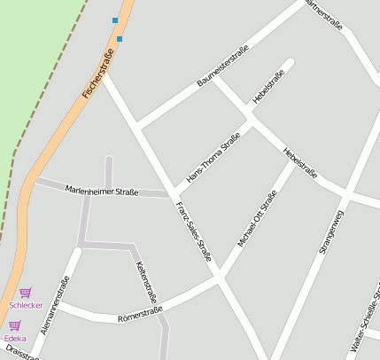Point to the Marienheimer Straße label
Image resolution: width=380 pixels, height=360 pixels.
click(101, 190)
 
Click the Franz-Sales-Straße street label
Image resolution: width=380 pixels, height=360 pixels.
click(193, 231)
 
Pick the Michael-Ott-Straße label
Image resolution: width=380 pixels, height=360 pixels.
click(257, 217)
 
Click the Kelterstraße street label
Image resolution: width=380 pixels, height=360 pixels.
click(145, 282)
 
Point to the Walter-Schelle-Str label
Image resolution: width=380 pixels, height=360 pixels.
click(366, 319)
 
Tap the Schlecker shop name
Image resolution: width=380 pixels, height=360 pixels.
click(26, 305)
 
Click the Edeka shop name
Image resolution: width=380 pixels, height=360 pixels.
click(15, 339)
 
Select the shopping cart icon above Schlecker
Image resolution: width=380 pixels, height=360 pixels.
click(26, 293)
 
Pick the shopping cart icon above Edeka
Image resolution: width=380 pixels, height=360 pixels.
click(15, 325)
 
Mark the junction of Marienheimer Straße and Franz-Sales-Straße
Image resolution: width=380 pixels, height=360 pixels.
click(168, 193)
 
